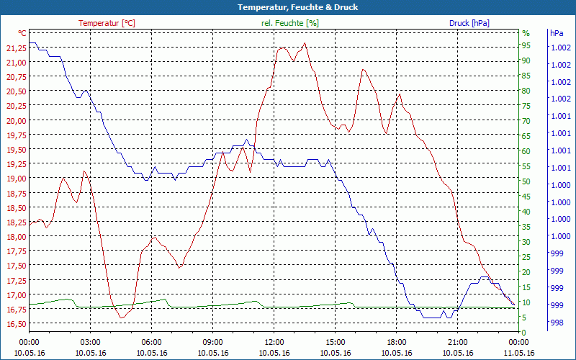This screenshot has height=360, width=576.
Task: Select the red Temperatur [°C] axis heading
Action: pyautogui.click(x=107, y=23)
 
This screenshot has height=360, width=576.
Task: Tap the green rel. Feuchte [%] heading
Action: pyautogui.click(x=289, y=23)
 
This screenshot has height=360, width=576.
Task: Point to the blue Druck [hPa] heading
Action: pyautogui.click(x=469, y=23)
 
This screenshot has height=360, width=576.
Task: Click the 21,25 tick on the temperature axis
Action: pyautogui.click(x=16, y=48)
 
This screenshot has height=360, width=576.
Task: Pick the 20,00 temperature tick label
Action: pyautogui.click(x=16, y=120)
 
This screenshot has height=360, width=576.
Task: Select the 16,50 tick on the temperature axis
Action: pyautogui.click(x=16, y=324)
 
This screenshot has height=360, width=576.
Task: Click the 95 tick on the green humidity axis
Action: pyautogui.click(x=526, y=45)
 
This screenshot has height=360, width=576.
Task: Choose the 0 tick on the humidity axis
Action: pyautogui.click(x=523, y=332)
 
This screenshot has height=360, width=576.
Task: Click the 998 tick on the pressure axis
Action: pyautogui.click(x=557, y=323)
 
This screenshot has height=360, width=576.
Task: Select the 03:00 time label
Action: pyautogui.click(x=90, y=342)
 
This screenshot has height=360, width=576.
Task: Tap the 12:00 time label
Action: pyautogui.click(x=274, y=342)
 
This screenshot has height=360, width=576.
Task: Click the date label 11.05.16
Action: pyautogui.click(x=519, y=353)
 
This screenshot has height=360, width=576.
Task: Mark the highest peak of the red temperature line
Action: pyautogui.click(x=305, y=43)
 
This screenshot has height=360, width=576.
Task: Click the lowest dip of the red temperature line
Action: pyautogui.click(x=122, y=317)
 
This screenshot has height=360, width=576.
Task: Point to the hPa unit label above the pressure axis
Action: pyautogui.click(x=557, y=33)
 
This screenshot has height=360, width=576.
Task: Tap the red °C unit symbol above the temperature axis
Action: pyautogui.click(x=22, y=33)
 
